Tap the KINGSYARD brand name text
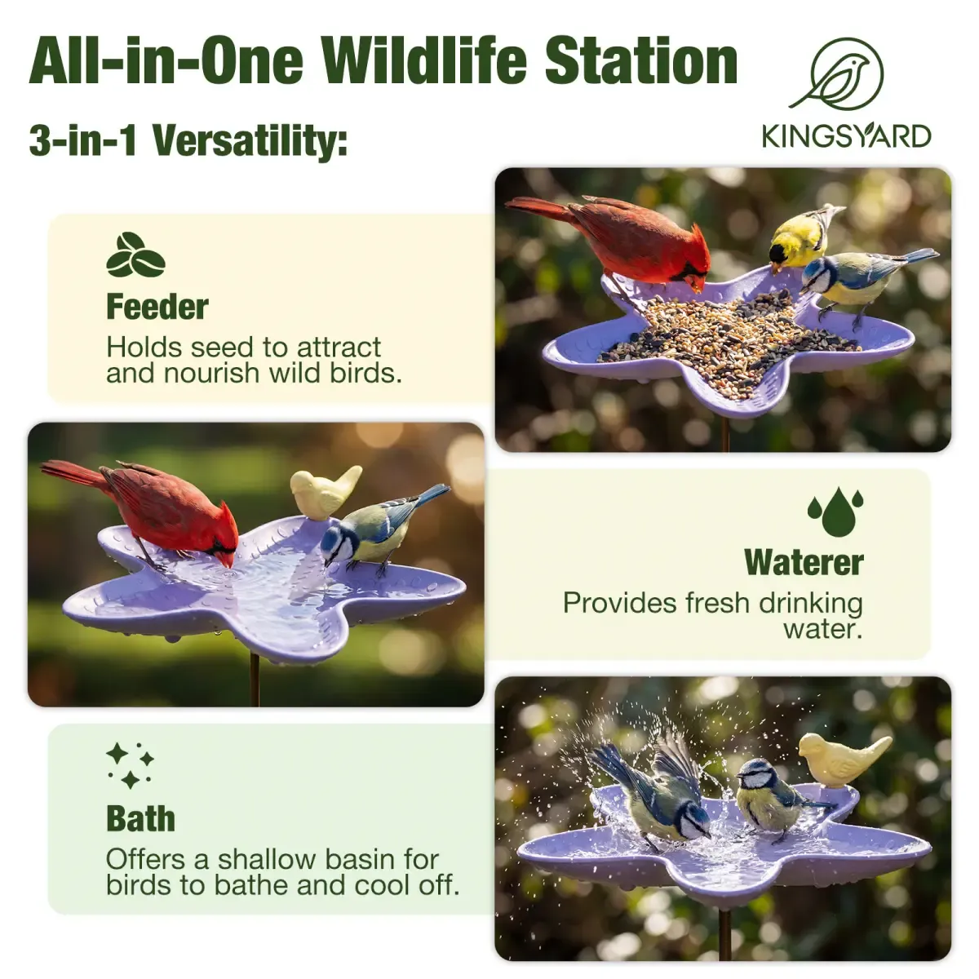click(x=846, y=135)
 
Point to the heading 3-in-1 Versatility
click(x=188, y=140)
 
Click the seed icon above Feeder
click(x=135, y=255)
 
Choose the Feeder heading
click(x=157, y=307)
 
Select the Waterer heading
click(x=804, y=562)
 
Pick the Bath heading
click(x=140, y=819)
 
